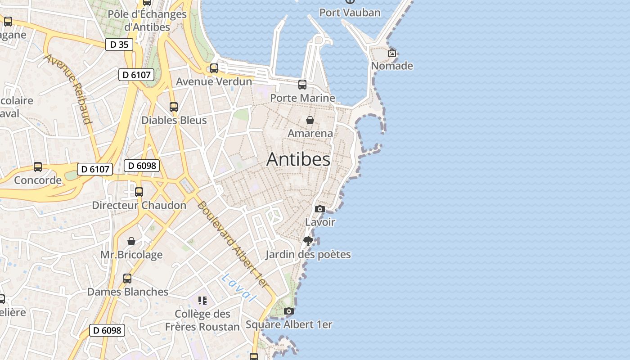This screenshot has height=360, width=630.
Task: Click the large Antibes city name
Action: click(298, 159)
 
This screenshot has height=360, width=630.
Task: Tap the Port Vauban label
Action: click(350, 13)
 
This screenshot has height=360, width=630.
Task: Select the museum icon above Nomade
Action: click(392, 53)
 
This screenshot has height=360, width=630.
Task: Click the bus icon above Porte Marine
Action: click(302, 85)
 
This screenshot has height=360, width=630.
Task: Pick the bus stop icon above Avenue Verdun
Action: click(214, 68)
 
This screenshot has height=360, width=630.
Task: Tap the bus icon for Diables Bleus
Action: click(174, 107)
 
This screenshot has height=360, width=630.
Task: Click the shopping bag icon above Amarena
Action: click(310, 120)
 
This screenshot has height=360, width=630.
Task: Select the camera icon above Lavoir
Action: click(320, 209)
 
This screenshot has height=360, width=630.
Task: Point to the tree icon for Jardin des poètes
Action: click(308, 241)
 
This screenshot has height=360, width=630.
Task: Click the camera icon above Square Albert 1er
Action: click(289, 311)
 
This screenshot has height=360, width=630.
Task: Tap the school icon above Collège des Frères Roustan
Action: click(202, 300)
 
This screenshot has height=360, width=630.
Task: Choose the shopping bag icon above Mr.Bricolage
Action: click(131, 242)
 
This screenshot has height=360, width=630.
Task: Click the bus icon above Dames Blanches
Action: click(127, 279)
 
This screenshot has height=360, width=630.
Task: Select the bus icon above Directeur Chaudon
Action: click(139, 192)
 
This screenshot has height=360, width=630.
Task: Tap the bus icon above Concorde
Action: click(38, 167)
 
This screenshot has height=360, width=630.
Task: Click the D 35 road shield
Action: click(119, 45)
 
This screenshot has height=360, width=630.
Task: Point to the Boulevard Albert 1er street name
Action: click(232, 245)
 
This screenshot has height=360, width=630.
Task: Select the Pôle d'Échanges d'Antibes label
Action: click(147, 20)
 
